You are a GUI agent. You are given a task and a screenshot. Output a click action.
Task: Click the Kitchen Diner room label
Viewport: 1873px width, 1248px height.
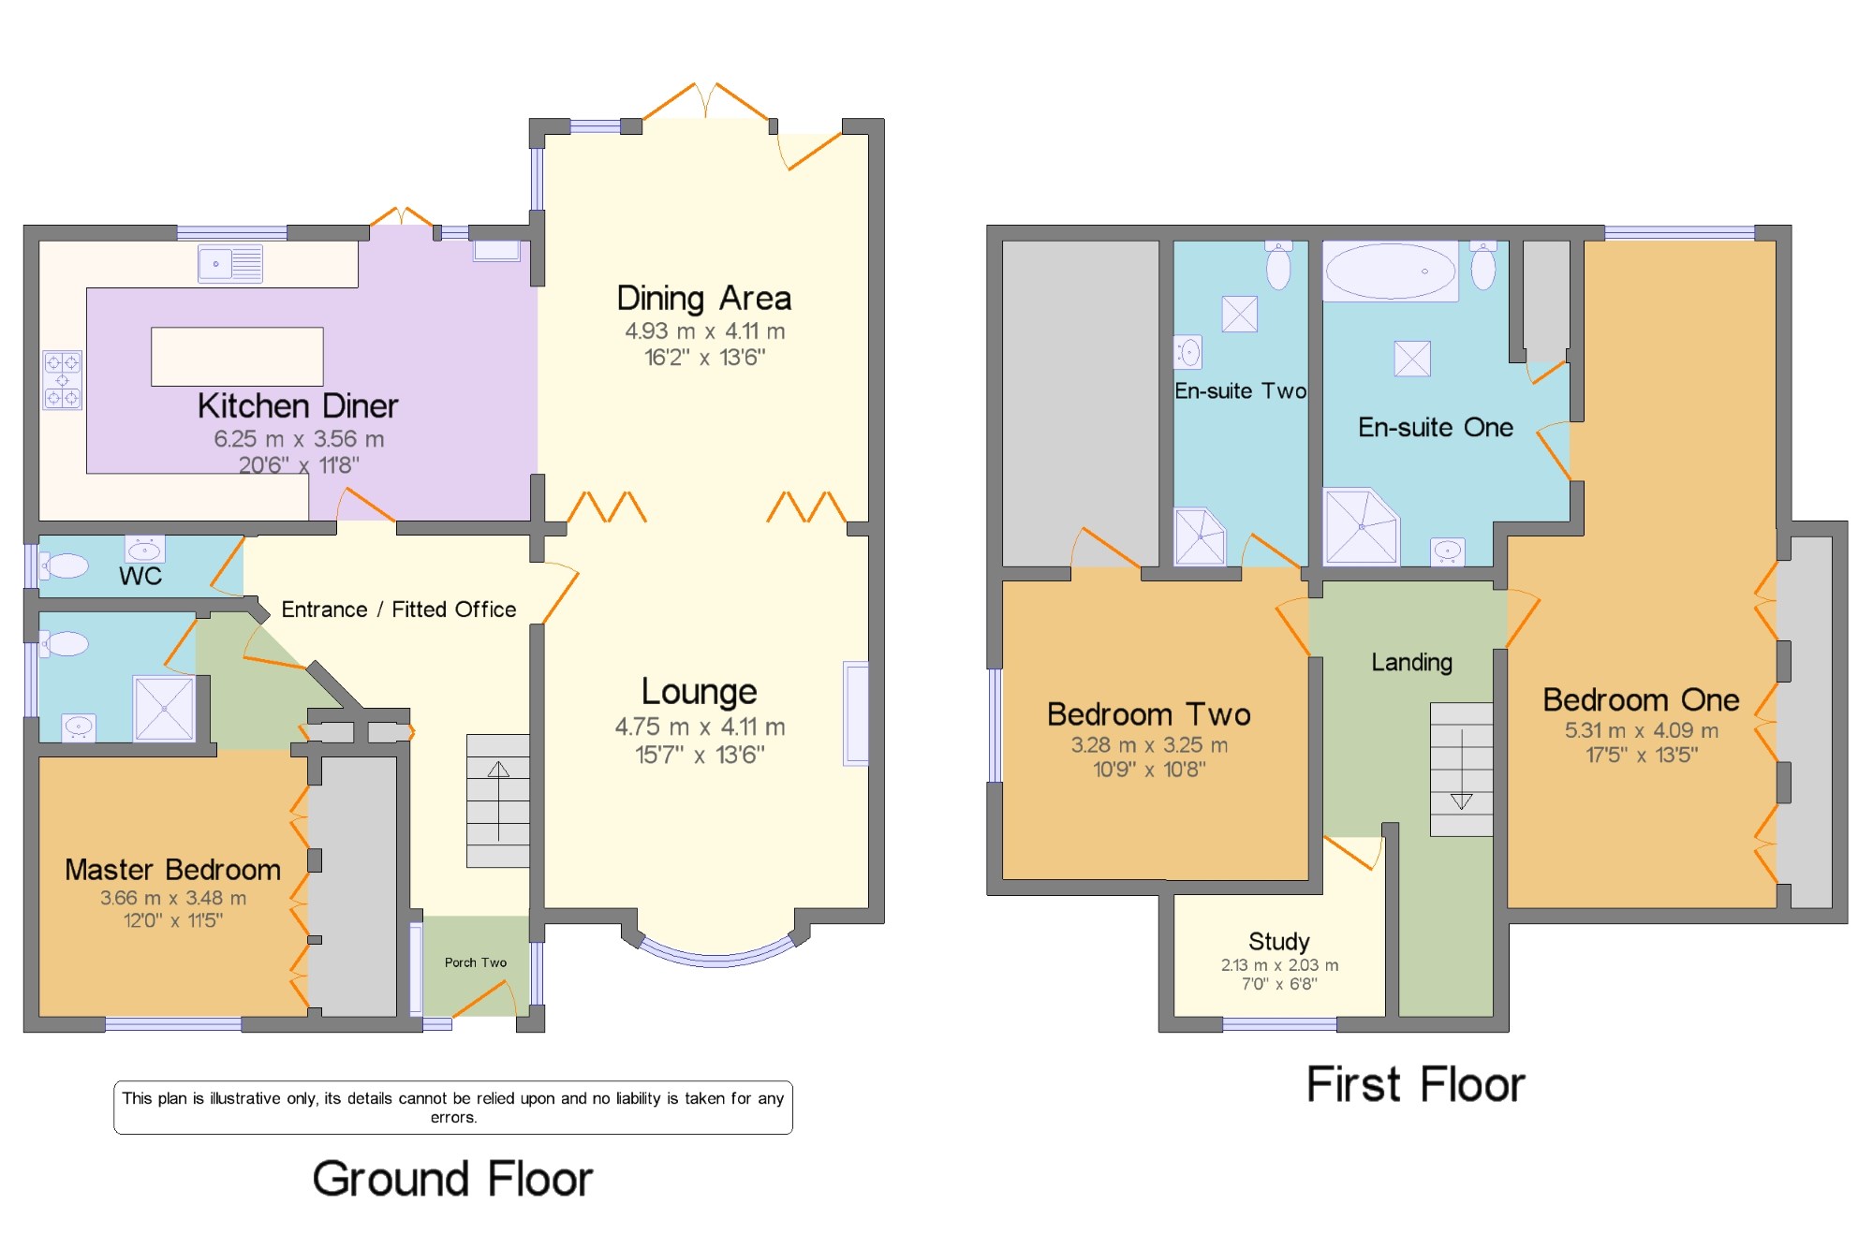point(298,406)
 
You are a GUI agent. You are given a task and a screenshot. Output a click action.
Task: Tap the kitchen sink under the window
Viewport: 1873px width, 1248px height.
point(230,264)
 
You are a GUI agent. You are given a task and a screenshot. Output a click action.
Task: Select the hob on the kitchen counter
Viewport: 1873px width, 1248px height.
point(63,380)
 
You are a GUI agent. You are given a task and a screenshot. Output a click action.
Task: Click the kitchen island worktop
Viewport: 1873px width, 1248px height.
point(237,357)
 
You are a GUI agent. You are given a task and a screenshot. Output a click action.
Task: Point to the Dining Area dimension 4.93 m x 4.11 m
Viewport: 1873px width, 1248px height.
point(705,331)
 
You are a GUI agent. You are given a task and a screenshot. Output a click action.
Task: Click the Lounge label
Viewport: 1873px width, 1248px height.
point(700,692)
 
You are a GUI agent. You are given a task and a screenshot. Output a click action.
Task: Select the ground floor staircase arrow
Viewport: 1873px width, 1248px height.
point(498,800)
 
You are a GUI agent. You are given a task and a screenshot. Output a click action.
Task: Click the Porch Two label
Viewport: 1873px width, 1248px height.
point(476,962)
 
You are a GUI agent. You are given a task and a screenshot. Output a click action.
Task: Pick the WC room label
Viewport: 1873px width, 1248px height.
point(140,577)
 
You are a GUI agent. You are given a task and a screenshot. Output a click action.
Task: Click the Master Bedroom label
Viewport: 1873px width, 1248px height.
point(173,870)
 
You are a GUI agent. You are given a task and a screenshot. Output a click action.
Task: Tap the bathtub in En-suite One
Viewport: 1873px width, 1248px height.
point(1391,272)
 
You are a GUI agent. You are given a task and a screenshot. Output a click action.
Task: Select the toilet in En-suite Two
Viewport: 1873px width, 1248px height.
point(1278,265)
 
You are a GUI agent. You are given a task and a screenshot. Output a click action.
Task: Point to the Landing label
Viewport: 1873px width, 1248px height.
point(1412,663)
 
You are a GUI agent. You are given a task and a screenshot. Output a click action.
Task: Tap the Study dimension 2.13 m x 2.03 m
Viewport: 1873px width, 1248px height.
point(1279,965)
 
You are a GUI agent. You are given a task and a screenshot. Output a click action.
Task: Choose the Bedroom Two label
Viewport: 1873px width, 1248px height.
point(1149,715)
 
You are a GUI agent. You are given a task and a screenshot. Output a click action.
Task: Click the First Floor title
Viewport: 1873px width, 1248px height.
point(1416,1085)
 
